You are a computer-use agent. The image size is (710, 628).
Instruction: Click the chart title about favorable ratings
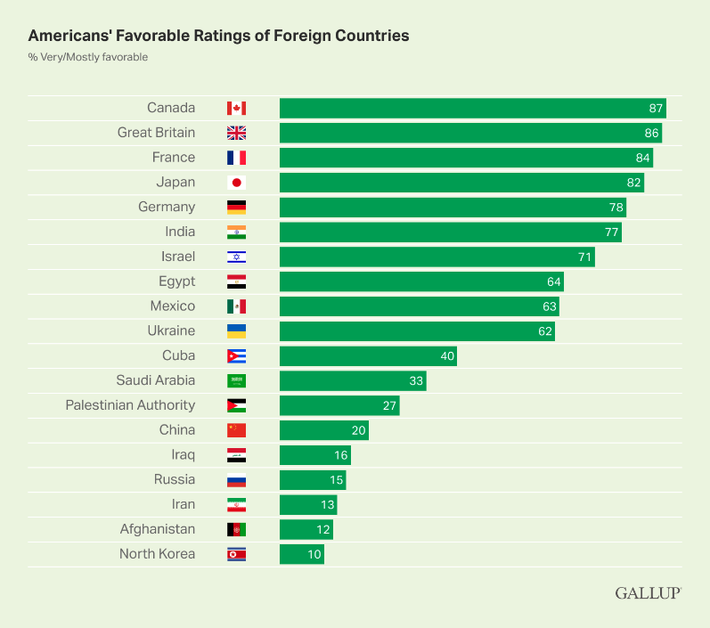click(x=218, y=37)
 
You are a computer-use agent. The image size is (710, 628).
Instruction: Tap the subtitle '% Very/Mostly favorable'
click(x=87, y=58)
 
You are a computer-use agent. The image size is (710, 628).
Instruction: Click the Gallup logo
click(x=648, y=593)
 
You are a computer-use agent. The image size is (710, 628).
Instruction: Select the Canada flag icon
click(x=236, y=108)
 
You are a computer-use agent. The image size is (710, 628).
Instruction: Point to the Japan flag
click(x=236, y=183)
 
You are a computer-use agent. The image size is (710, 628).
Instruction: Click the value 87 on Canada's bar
click(x=656, y=108)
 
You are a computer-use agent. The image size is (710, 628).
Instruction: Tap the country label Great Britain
click(x=156, y=133)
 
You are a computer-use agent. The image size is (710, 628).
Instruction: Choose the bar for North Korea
click(x=301, y=554)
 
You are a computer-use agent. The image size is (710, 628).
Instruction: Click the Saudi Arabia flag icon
click(x=236, y=381)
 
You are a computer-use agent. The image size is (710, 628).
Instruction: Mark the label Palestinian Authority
click(x=130, y=405)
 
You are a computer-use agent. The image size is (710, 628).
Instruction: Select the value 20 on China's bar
click(x=358, y=430)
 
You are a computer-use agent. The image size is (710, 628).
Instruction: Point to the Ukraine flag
click(x=236, y=331)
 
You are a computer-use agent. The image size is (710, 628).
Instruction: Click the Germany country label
click(x=167, y=207)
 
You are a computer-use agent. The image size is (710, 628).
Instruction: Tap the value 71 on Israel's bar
click(x=584, y=257)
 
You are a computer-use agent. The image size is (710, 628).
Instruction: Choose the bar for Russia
click(x=312, y=480)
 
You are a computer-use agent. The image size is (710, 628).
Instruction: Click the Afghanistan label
click(x=158, y=529)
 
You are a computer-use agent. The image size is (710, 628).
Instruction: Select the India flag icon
click(x=236, y=232)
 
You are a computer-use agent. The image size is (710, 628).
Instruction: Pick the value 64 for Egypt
click(x=553, y=281)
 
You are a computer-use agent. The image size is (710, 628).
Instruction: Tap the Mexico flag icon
click(x=236, y=306)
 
